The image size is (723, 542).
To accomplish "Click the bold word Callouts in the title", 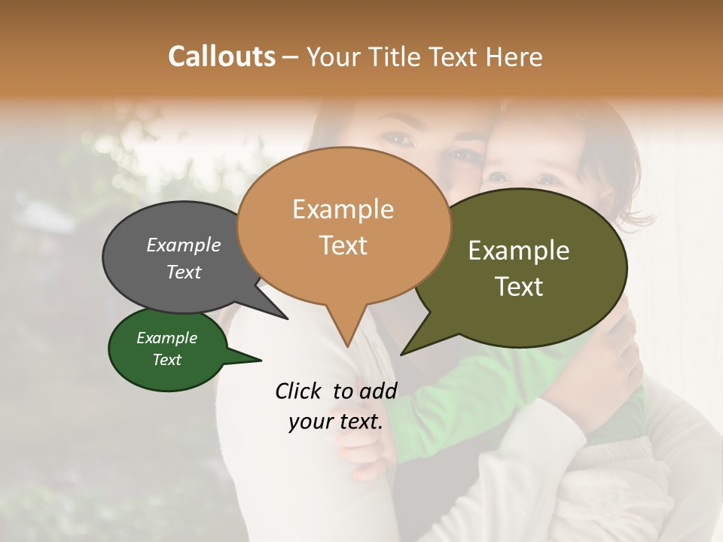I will (221, 56).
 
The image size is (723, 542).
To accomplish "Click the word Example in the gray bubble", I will (183, 245).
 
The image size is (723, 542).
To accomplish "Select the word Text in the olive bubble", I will (519, 286).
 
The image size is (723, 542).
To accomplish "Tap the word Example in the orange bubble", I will (343, 209).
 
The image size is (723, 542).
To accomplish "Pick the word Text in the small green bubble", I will (167, 360).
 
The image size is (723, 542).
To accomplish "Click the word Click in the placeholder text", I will (300, 391).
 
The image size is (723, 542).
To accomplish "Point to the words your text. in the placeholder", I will (336, 422).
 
